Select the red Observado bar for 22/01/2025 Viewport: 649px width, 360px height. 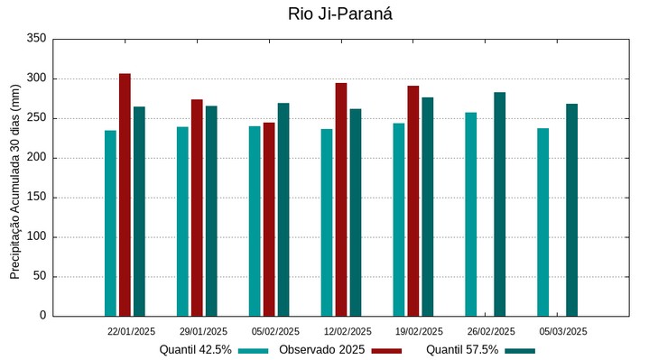click(125, 194)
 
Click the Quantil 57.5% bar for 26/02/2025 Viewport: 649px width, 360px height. click(499, 204)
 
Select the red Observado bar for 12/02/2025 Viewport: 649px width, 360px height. click(341, 199)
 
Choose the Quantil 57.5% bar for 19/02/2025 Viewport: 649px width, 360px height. click(428, 207)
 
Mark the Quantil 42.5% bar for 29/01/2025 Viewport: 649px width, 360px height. click(182, 221)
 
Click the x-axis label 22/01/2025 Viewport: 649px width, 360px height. click(132, 331)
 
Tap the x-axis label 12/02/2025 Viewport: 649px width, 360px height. click(348, 331)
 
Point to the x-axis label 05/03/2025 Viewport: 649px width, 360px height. click(563, 331)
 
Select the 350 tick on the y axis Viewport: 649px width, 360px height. click(37, 39)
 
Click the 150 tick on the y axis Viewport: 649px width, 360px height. click(37, 198)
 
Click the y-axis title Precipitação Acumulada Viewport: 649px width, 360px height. click(15, 180)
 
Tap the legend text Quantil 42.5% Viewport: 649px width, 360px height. click(195, 350)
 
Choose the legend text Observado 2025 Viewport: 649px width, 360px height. click(321, 350)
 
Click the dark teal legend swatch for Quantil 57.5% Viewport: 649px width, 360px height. click(520, 351)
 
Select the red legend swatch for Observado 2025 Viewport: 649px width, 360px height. click(386, 351)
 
